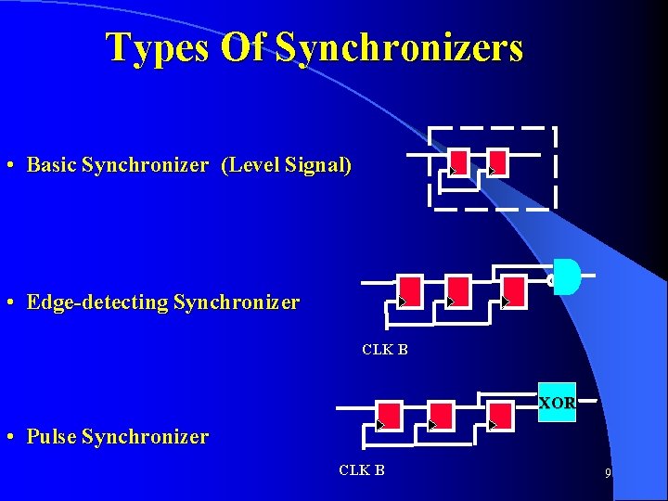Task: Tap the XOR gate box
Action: click(x=557, y=403)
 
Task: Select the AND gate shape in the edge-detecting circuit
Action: click(x=566, y=276)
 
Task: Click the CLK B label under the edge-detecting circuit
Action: click(x=384, y=350)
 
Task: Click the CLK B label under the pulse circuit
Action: click(x=362, y=469)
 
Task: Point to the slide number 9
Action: click(x=608, y=473)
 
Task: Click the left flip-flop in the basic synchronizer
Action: click(x=458, y=161)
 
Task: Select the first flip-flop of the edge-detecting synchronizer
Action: click(x=409, y=290)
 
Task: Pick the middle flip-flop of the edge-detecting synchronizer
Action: click(x=458, y=290)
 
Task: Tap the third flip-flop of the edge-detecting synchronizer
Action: click(x=513, y=290)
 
